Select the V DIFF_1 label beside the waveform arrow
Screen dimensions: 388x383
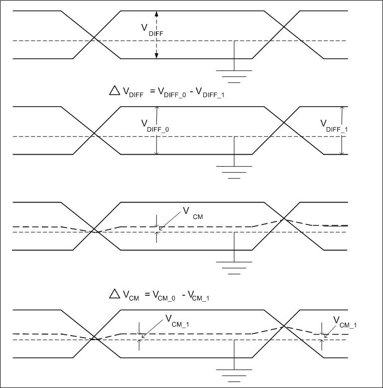pyautogui.click(x=333, y=125)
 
